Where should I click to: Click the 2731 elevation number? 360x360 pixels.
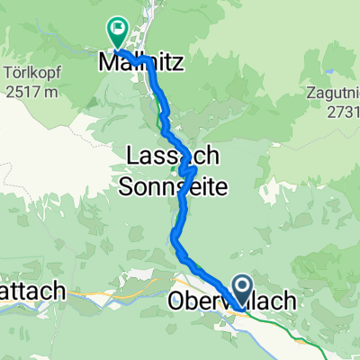(x=340, y=107)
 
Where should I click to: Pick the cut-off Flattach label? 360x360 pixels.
(x=31, y=292)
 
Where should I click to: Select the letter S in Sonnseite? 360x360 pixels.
(x=127, y=184)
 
